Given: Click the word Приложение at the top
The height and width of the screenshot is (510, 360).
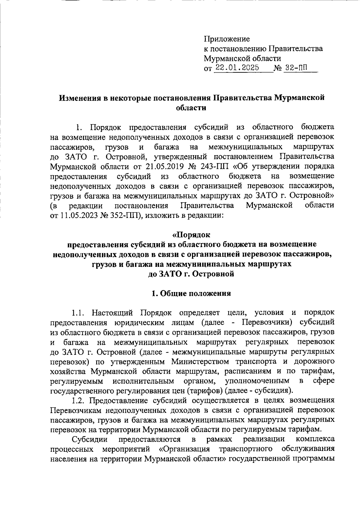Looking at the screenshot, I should (227, 39).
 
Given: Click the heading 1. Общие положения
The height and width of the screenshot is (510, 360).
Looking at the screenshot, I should (191, 293).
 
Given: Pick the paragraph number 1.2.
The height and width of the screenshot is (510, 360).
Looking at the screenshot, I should (78, 400).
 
